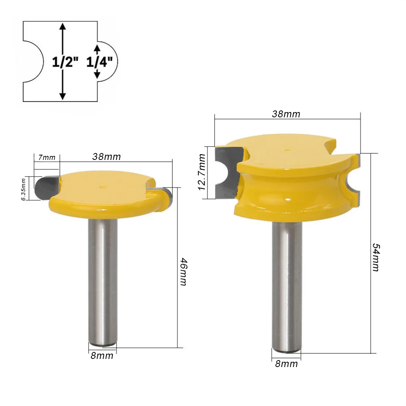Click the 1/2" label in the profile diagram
pos(65,62)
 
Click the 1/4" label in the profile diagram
pos(99,62)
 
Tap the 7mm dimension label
pos(47,158)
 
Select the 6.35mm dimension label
pos(23,189)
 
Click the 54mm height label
pos(376,257)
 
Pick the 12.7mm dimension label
pos(202,172)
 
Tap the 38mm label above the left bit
pos(106,157)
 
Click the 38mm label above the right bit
pos(286,114)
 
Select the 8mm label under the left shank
pos(102,356)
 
